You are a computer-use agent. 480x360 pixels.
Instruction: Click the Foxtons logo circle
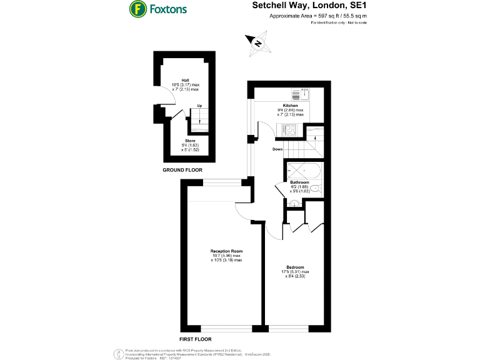coord(137,9)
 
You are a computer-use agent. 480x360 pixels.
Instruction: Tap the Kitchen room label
coord(291,106)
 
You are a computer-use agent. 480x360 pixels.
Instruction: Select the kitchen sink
coord(305,94)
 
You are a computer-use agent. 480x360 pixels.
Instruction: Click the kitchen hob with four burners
coord(291,130)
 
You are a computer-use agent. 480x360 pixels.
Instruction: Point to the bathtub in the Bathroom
coord(303,171)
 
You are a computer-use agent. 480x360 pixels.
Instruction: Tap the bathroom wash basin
coord(294,202)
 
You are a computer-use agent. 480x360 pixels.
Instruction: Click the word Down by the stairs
coord(279,149)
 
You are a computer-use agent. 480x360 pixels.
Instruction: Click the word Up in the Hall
coord(199,106)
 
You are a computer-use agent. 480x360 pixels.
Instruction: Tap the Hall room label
coord(186,81)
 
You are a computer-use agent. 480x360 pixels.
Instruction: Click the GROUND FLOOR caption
coord(182,170)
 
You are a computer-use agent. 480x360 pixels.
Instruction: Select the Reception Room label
coord(226,251)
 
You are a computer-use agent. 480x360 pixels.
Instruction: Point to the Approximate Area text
coord(318,16)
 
